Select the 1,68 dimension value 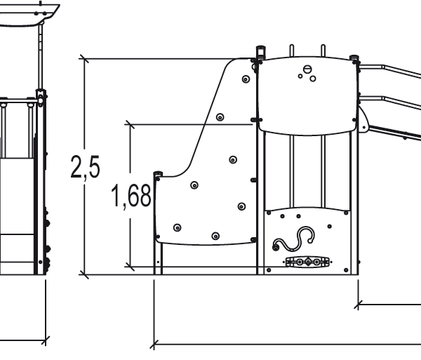coord(131,197)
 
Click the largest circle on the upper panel coord(306,69)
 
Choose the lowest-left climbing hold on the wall coord(177,227)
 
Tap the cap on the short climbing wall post coord(158,174)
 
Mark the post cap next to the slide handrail coord(354,58)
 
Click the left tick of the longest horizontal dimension coord(154,345)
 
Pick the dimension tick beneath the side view coord(45,342)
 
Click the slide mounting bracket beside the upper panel coord(362,119)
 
